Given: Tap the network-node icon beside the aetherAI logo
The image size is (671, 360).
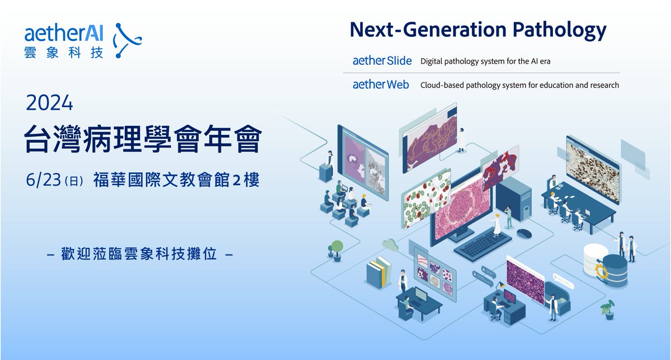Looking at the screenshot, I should point(126,40).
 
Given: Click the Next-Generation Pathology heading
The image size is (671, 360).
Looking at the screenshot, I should point(478,30).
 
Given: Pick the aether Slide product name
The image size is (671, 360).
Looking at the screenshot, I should point(382,61).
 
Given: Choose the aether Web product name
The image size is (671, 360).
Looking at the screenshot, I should point(381,85).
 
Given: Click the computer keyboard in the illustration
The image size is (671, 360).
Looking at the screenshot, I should point(483,245).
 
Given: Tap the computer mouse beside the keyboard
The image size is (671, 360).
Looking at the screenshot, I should point(524,232).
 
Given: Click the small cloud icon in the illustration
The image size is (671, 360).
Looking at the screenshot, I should point(390,244).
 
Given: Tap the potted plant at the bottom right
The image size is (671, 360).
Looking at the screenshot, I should point(608,309).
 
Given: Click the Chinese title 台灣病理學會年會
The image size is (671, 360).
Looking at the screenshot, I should point(143,140).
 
